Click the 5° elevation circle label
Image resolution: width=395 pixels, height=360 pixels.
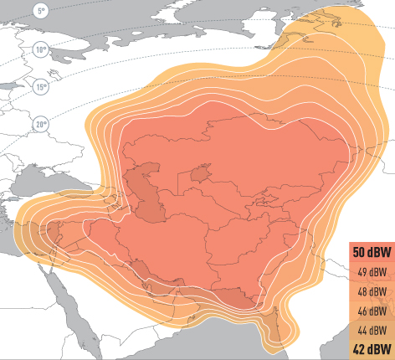42,11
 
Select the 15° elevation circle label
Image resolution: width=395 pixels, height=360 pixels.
41,86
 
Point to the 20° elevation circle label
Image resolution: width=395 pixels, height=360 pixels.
41,125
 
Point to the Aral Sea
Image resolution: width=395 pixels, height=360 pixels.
200,174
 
